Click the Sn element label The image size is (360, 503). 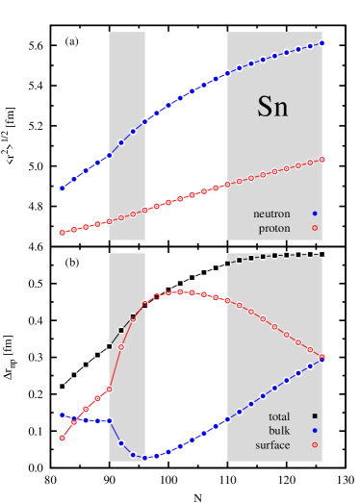point(272,107)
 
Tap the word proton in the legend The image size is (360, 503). point(274,229)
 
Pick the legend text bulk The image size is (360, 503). point(279,431)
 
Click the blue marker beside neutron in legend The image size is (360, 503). point(315,214)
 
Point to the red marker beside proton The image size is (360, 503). point(315,229)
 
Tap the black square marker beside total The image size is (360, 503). point(315,415)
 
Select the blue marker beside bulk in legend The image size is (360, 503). point(315,431)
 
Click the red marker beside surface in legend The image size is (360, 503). point(315,445)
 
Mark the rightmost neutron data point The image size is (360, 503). point(322,42)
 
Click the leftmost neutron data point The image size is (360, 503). point(62,189)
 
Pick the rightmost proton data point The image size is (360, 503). point(322,160)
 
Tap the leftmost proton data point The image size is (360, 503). point(62,233)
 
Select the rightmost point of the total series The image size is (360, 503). point(321,254)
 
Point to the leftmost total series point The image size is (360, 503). point(62,387)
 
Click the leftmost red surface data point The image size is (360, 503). point(62,438)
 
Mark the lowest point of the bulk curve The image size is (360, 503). point(145,458)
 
